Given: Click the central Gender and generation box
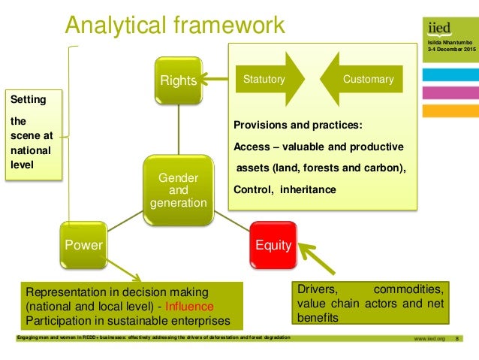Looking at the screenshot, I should pyautogui.click(x=178, y=190).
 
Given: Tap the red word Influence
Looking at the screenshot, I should pyautogui.click(x=190, y=307).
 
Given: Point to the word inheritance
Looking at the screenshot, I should pyautogui.click(x=308, y=190).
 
